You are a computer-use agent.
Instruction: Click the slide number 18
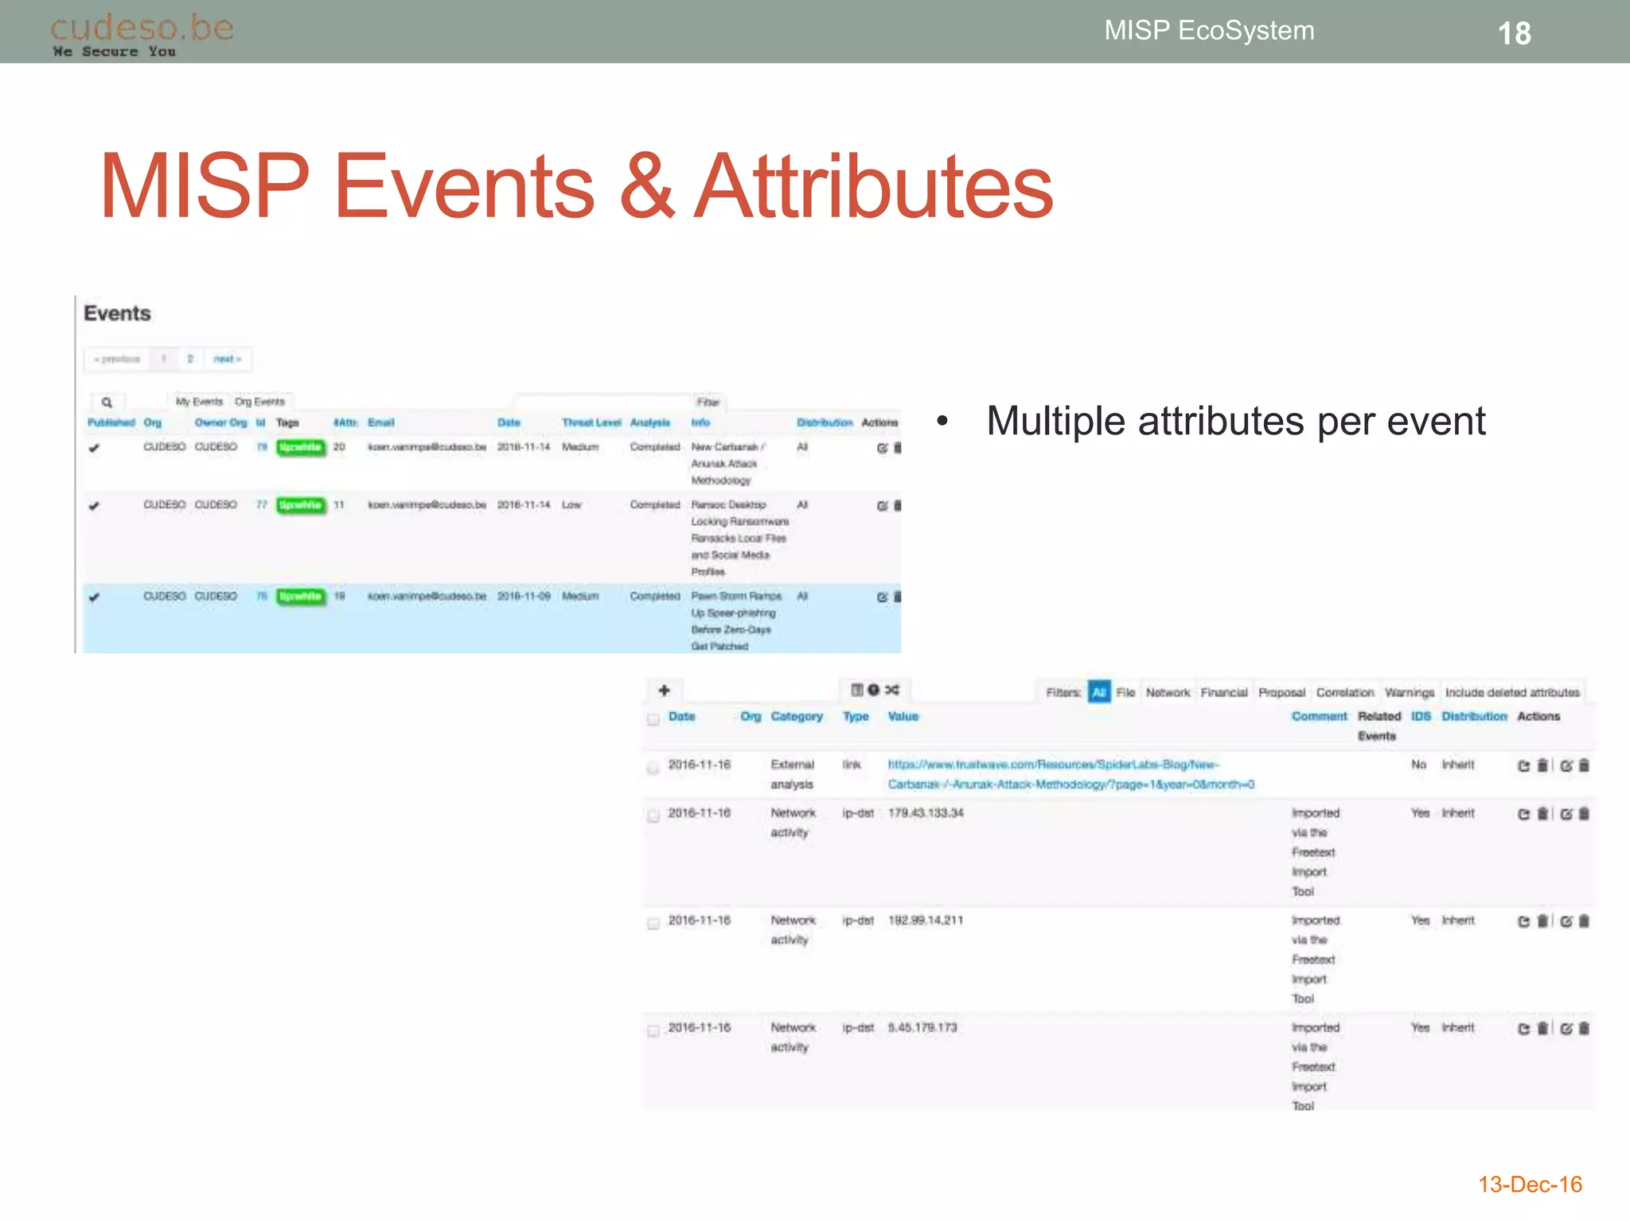click(x=1514, y=33)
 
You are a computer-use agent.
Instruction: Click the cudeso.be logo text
click(x=142, y=28)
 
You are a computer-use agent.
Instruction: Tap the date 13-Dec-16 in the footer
click(x=1530, y=1185)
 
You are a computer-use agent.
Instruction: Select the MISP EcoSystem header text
click(x=1209, y=30)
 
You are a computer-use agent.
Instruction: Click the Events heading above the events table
click(x=117, y=313)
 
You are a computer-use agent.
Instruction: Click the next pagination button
click(x=227, y=359)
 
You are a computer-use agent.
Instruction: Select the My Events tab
click(x=199, y=402)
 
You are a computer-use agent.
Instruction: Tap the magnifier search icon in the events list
click(x=107, y=403)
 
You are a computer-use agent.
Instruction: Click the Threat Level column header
click(x=591, y=422)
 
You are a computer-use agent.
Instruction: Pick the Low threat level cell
click(x=571, y=505)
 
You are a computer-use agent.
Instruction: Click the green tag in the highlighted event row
click(x=301, y=597)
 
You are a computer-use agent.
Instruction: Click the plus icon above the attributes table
click(x=665, y=691)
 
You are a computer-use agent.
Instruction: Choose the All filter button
click(x=1099, y=692)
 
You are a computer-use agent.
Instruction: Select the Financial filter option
click(x=1224, y=693)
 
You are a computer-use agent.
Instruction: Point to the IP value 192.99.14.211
click(x=926, y=920)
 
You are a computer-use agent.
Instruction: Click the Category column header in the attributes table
click(x=797, y=717)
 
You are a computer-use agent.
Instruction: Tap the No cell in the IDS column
click(x=1418, y=765)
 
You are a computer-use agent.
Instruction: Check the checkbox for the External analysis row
click(x=653, y=768)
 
